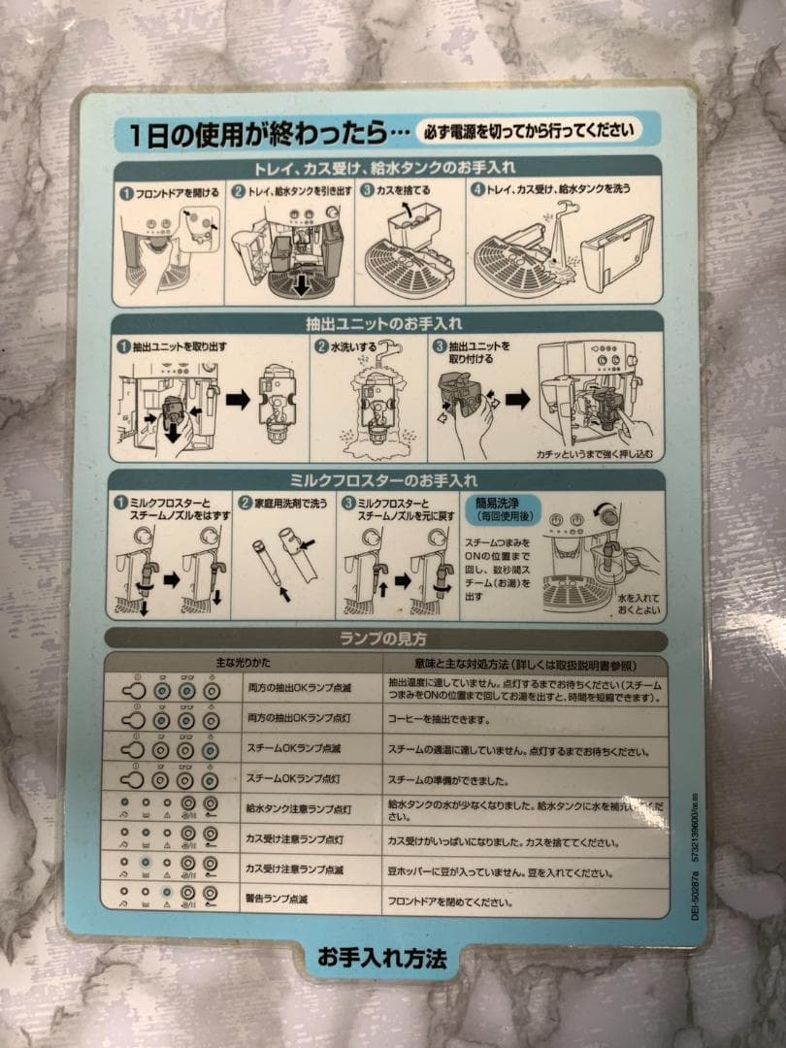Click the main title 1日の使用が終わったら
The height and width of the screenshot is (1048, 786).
262,133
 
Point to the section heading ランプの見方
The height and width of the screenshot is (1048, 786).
386,639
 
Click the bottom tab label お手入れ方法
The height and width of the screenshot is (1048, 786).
382,957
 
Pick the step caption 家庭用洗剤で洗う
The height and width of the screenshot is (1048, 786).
288,504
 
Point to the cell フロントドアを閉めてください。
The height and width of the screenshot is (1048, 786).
450,902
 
